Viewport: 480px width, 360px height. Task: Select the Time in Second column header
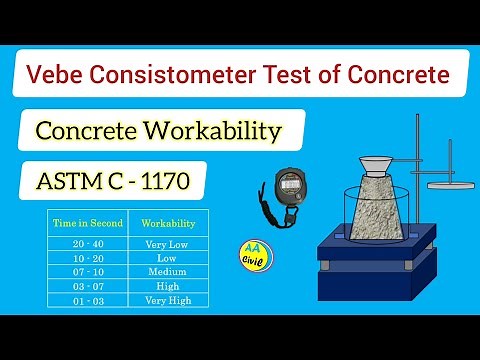(x=87, y=223)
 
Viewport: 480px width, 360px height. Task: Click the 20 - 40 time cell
(x=87, y=244)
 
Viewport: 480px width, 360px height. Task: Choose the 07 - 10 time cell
(x=87, y=271)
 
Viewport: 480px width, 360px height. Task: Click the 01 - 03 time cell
(x=87, y=298)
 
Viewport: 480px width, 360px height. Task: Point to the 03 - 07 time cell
(x=87, y=285)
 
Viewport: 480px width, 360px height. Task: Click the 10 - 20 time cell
(x=87, y=258)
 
